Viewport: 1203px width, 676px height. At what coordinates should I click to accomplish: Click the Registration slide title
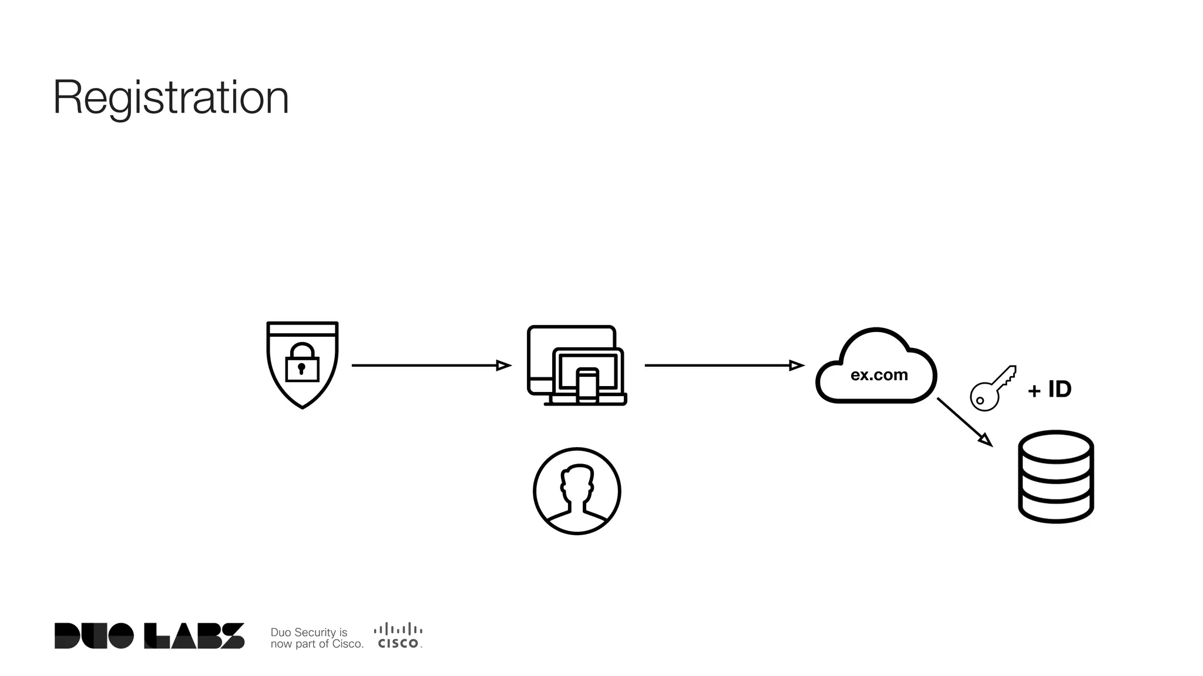tap(171, 98)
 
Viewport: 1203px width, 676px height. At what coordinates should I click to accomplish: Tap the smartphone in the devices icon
tap(587, 386)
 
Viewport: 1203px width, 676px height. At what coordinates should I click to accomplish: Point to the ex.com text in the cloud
tap(879, 375)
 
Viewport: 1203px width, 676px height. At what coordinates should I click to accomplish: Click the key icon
tap(993, 388)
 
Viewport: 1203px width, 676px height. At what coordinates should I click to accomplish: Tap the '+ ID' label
tap(1050, 390)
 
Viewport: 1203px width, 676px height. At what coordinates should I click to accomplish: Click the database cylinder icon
tap(1056, 476)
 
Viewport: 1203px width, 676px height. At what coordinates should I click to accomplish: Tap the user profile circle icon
tap(577, 491)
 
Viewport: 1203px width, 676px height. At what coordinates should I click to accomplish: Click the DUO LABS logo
tap(149, 636)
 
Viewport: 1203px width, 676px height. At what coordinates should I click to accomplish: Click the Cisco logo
tap(398, 636)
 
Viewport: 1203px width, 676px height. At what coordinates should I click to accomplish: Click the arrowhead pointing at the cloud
tap(797, 366)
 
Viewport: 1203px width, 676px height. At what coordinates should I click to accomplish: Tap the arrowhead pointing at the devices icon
tap(503, 366)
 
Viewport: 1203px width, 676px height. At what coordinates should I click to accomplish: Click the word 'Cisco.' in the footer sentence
tap(348, 644)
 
